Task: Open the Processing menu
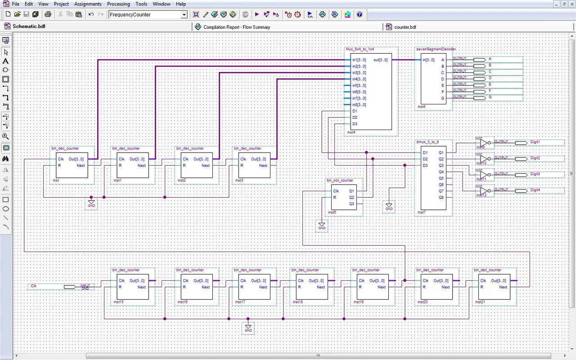coord(118,4)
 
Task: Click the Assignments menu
coord(88,4)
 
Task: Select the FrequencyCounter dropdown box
coord(148,14)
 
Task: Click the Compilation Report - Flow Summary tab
coord(237,27)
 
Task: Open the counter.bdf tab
coord(405,27)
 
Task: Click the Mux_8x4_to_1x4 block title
coord(360,49)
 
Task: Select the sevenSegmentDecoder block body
coord(433,81)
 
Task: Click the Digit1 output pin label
coord(535,142)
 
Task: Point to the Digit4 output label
coord(535,190)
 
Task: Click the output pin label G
coord(490,97)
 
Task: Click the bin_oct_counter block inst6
coord(343,197)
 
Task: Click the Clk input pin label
coord(34,286)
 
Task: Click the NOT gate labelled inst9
coord(483,143)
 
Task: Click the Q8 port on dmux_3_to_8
coord(441,198)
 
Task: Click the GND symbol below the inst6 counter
coord(322,225)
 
